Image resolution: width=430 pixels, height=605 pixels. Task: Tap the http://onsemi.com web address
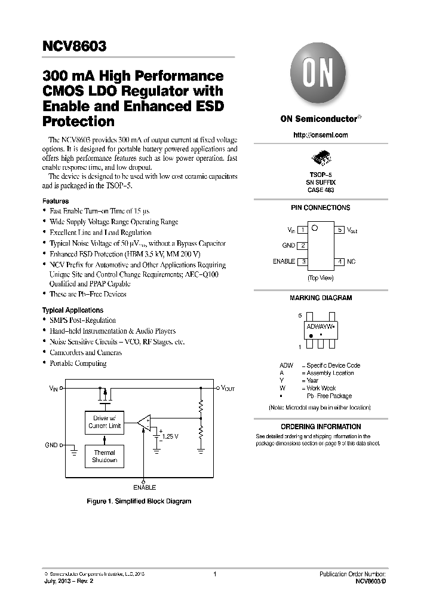(x=320, y=135)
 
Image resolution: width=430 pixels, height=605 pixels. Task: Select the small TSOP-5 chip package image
(x=320, y=159)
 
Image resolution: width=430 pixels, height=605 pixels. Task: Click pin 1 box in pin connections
(x=303, y=230)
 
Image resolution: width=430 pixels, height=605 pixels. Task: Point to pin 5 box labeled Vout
(x=339, y=230)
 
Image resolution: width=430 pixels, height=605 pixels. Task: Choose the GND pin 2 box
(x=303, y=246)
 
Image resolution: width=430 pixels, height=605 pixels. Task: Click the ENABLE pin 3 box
(x=303, y=262)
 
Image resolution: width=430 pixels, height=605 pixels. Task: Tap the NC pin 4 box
(x=339, y=262)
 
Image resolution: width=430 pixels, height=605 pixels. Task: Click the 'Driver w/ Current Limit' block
(x=105, y=422)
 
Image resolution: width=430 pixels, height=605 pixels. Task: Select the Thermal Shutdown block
(x=105, y=457)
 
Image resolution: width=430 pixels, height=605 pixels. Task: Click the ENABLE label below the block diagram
(x=144, y=487)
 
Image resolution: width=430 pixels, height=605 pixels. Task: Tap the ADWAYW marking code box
(x=320, y=328)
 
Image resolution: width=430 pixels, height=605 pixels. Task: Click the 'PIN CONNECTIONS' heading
(x=320, y=208)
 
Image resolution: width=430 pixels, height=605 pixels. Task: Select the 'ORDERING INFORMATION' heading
(x=320, y=427)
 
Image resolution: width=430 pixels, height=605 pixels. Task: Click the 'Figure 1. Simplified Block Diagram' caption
(x=139, y=501)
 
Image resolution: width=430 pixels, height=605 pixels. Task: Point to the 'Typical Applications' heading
(x=72, y=310)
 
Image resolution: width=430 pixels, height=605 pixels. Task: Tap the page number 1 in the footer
(x=214, y=574)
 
